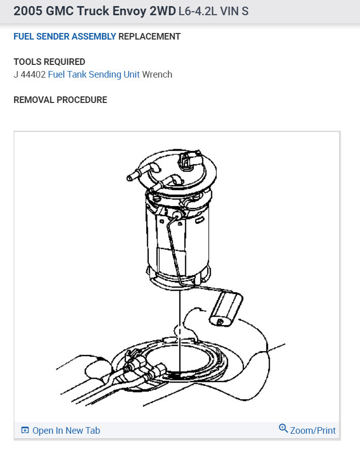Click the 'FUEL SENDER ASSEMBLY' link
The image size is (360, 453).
point(65,37)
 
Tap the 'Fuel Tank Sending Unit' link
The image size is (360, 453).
point(94,75)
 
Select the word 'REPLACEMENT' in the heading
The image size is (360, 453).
point(149,37)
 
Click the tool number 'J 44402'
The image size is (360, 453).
point(29,75)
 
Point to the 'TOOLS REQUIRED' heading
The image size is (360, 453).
point(49,62)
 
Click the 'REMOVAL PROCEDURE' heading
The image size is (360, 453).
point(60,100)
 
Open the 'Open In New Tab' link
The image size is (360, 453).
point(66,431)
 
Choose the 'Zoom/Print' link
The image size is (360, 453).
point(313,431)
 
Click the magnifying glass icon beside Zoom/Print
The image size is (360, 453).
point(283,428)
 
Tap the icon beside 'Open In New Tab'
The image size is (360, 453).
point(25,430)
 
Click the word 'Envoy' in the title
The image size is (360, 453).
point(129,11)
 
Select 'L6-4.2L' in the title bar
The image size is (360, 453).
point(198,11)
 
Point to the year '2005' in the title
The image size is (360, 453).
point(28,11)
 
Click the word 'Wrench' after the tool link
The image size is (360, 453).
point(157,75)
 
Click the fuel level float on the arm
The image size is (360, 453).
point(226,309)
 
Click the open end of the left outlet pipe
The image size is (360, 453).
point(129,178)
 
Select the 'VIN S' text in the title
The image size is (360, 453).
point(234,11)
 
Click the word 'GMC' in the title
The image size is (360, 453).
point(59,11)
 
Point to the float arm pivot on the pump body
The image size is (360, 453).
point(176,215)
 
